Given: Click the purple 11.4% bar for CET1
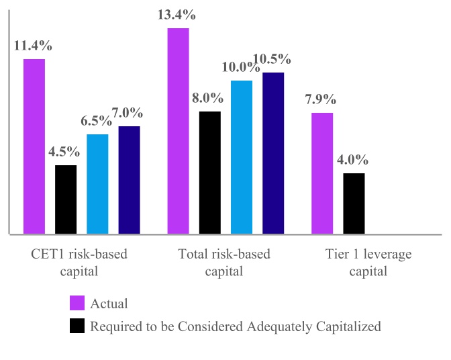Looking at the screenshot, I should pyautogui.click(x=34, y=146).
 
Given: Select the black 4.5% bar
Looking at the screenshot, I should pyautogui.click(x=66, y=199).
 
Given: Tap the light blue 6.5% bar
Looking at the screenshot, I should pyautogui.click(x=97, y=184).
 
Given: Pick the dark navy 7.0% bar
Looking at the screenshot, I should pyautogui.click(x=129, y=180).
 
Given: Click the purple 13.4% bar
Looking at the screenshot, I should pyautogui.click(x=178, y=131).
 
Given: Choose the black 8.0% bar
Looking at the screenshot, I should pyautogui.click(x=210, y=173).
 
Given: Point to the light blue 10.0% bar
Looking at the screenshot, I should pyautogui.click(x=242, y=157).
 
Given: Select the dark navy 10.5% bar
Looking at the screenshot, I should pyautogui.click(x=273, y=153).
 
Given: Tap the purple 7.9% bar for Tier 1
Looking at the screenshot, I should pyautogui.click(x=322, y=173).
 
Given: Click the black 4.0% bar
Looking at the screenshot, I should pyautogui.click(x=354, y=204).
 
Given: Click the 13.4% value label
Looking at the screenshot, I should pyautogui.click(x=177, y=15).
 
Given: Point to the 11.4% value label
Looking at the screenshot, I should pyautogui.click(x=33, y=46).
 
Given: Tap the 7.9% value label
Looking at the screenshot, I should pyautogui.click(x=321, y=99).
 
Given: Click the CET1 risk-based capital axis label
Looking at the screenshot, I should pyautogui.click(x=79, y=263).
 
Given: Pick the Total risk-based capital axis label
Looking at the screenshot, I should pyautogui.click(x=224, y=263).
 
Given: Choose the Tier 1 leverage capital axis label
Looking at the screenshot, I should pyautogui.click(x=368, y=263).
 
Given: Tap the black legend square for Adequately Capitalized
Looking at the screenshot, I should pyautogui.click(x=77, y=326).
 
